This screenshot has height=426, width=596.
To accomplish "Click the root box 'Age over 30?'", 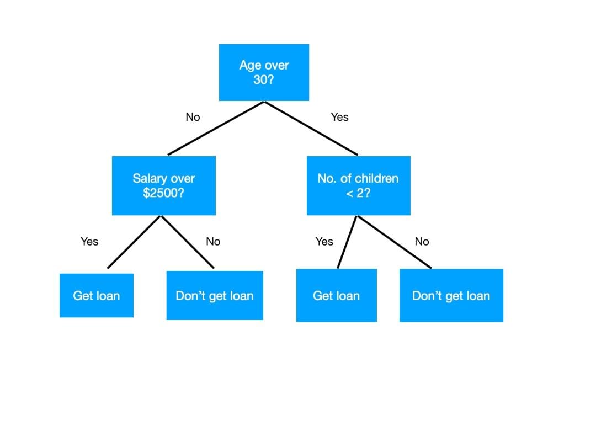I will [x=264, y=72].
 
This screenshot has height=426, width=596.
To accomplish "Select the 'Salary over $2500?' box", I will [x=163, y=185].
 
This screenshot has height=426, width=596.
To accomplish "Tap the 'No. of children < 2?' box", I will [x=358, y=185].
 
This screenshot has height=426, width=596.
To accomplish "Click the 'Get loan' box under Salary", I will [x=97, y=295].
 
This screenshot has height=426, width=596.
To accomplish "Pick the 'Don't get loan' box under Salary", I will [x=215, y=295].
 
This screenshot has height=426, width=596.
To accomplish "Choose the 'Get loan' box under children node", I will [x=336, y=295].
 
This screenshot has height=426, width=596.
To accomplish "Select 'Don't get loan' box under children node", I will [x=451, y=295].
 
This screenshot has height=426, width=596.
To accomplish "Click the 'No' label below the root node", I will [x=193, y=117].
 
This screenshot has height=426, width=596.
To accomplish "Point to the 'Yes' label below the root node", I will [x=339, y=117].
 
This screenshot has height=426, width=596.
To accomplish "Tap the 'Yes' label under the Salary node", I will [x=89, y=241].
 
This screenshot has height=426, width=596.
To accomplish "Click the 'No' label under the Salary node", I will [x=213, y=241].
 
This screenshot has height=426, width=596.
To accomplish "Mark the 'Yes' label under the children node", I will [x=324, y=241].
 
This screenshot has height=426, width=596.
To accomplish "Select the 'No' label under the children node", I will [x=422, y=241].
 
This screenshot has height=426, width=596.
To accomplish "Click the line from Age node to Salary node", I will [x=216, y=128].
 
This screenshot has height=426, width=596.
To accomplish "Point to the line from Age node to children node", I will [x=311, y=128].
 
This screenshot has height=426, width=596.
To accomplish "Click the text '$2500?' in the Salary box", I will [x=163, y=193].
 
